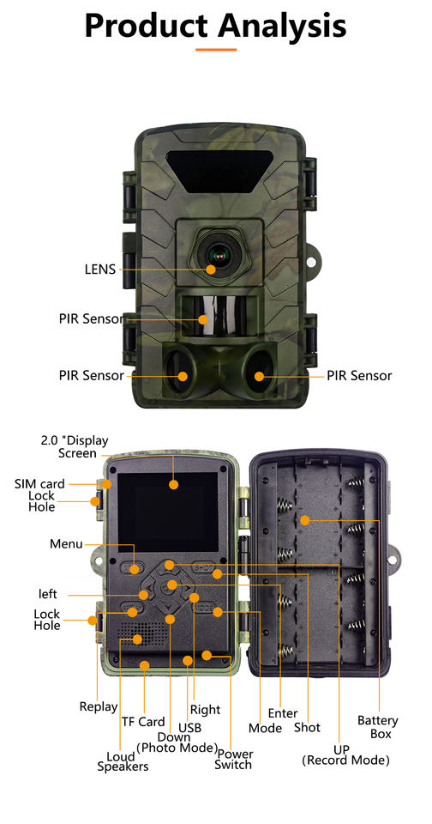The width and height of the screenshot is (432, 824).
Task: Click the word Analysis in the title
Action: [282, 24]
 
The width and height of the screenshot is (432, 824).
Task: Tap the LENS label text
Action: [99, 270]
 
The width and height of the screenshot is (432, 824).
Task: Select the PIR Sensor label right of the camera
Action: [359, 376]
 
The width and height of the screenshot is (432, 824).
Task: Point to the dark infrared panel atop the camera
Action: [219, 171]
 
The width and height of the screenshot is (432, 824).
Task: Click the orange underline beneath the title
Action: [216, 50]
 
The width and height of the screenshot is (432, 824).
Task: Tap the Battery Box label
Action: [377, 727]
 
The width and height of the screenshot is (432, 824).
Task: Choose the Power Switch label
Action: [234, 760]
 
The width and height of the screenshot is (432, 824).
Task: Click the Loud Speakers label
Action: [123, 761]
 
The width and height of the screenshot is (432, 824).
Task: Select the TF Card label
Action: [143, 722]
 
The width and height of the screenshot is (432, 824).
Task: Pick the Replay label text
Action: [99, 706]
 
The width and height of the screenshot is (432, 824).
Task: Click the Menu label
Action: [66, 544]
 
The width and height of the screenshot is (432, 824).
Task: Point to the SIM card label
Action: [40, 483]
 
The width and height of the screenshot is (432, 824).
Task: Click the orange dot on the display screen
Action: [174, 484]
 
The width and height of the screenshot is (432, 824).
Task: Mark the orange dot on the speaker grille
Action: [137, 639]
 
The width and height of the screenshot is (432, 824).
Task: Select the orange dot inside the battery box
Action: [305, 520]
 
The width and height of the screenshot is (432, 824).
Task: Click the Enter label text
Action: [283, 713]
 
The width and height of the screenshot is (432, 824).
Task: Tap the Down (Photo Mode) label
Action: [177, 742]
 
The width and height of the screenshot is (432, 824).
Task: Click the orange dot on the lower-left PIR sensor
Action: [183, 376]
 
